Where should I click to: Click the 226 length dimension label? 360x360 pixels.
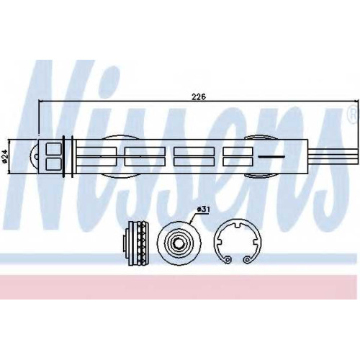coord(199,97)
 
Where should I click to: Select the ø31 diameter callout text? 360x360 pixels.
coord(203,210)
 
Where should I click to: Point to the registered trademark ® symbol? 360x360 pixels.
coord(354,114)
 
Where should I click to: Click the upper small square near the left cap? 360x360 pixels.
coord(53,148)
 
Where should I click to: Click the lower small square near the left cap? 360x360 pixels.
coord(53,163)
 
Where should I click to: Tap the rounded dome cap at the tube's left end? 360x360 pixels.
coord(35,156)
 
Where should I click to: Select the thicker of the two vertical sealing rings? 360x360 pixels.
coord(63,156)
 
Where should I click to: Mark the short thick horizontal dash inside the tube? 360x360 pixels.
coord(271,157)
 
